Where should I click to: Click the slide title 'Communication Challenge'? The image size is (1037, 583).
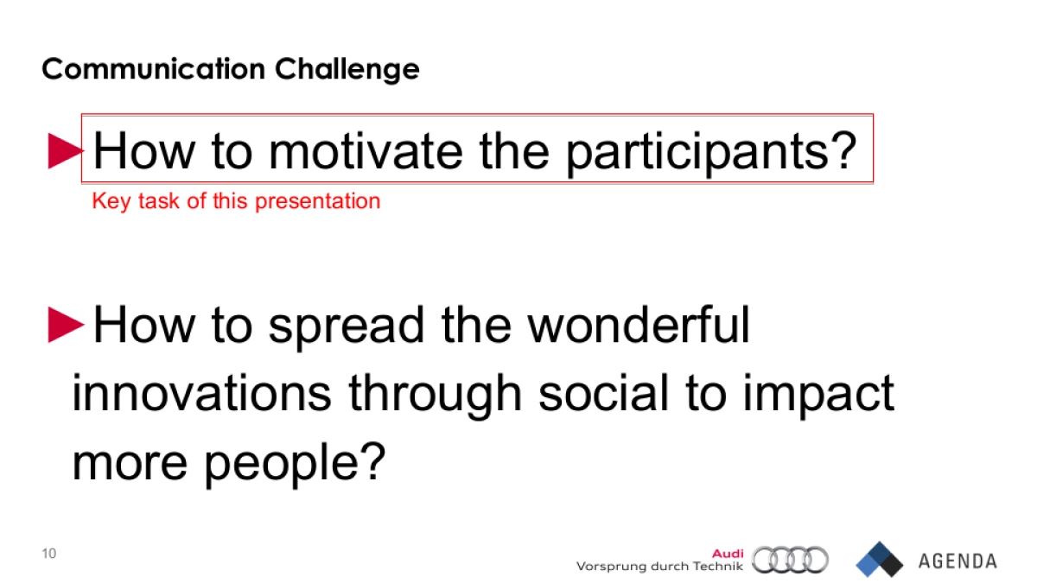[x=230, y=68]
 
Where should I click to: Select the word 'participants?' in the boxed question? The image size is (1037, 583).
[x=709, y=151]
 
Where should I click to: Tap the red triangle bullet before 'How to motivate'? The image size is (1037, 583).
[x=65, y=151]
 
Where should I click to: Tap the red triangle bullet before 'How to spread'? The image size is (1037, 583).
[x=65, y=325]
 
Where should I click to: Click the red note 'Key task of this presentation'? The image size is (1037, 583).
[x=236, y=201]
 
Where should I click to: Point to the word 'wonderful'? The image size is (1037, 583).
[x=639, y=325]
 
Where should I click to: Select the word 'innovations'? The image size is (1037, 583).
[x=201, y=394]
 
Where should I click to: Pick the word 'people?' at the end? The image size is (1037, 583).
[x=294, y=463]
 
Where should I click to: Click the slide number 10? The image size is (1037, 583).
[x=48, y=554]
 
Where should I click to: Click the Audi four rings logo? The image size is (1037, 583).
[x=790, y=560]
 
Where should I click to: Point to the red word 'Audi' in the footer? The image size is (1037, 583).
[x=727, y=554]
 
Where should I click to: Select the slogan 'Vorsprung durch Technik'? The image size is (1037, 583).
[x=658, y=567]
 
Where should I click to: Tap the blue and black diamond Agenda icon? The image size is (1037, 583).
[x=879, y=559]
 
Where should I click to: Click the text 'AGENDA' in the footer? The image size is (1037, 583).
[x=957, y=561]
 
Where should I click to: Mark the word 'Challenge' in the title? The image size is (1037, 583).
[x=347, y=68]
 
